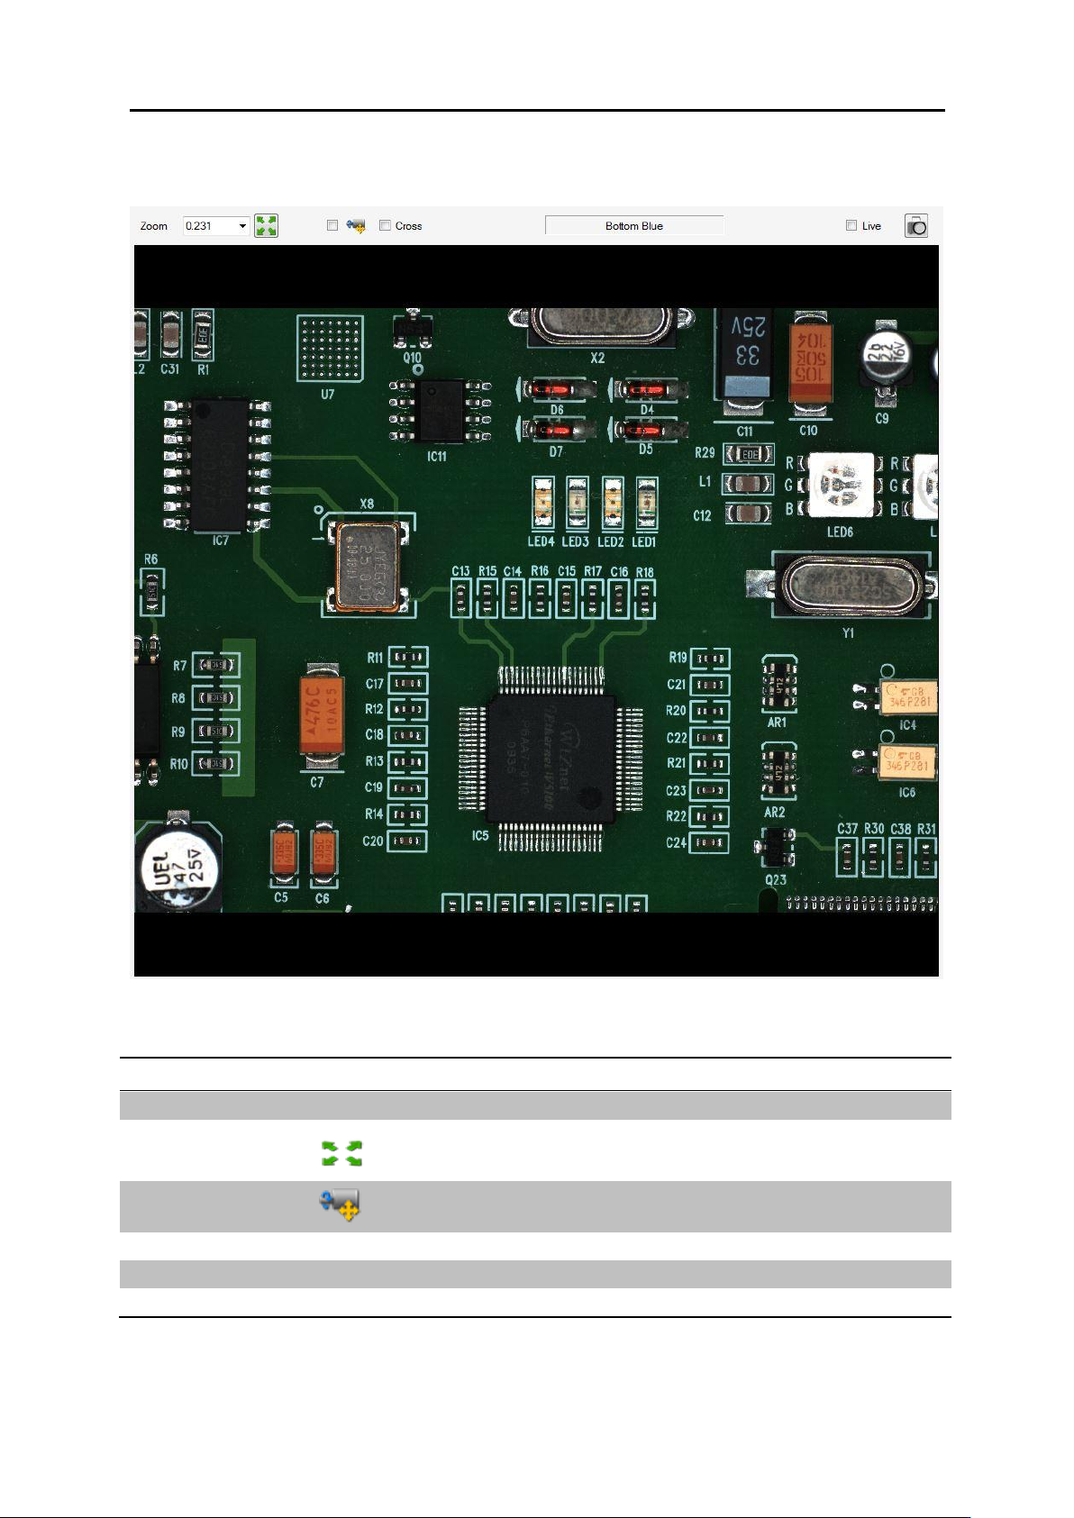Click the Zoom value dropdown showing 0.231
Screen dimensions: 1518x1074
point(215,226)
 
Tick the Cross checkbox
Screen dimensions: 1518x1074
point(386,225)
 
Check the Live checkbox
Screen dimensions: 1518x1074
point(851,225)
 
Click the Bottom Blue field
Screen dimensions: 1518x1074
point(634,226)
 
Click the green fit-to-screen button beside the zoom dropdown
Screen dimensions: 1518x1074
point(266,226)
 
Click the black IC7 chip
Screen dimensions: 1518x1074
point(219,465)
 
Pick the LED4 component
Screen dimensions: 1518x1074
point(542,504)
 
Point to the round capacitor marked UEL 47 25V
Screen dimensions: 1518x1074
point(178,867)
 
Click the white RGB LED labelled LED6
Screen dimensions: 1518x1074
point(841,486)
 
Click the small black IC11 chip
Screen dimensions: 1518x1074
point(441,410)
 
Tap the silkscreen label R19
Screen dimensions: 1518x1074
point(678,658)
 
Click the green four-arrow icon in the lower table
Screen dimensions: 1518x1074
point(342,1153)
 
